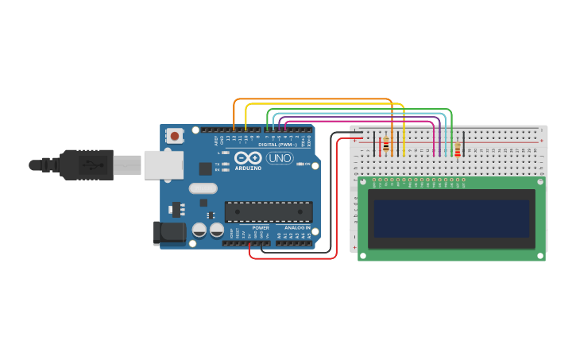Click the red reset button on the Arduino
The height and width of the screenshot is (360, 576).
coord(174,136)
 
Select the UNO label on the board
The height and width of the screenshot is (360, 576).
coord(279,158)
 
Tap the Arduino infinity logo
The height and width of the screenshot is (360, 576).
coord(248,157)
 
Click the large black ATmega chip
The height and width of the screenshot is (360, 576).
coord(268,211)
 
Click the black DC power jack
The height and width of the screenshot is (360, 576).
coord(168,232)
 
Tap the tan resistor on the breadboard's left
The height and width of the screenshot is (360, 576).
coord(386,145)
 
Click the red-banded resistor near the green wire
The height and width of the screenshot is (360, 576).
coord(457,148)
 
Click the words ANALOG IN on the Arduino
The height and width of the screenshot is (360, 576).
coord(293,228)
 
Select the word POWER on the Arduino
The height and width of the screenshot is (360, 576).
coord(260,228)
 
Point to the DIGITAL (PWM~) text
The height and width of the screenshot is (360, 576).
coord(277,145)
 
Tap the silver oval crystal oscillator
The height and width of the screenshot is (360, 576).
coord(203,188)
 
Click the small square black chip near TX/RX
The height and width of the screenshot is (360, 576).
coord(205,168)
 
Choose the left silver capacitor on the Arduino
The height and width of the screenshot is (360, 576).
coord(199,230)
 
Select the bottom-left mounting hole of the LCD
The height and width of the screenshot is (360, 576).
coord(363,255)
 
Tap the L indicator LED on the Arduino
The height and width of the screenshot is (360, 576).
coord(226,152)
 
